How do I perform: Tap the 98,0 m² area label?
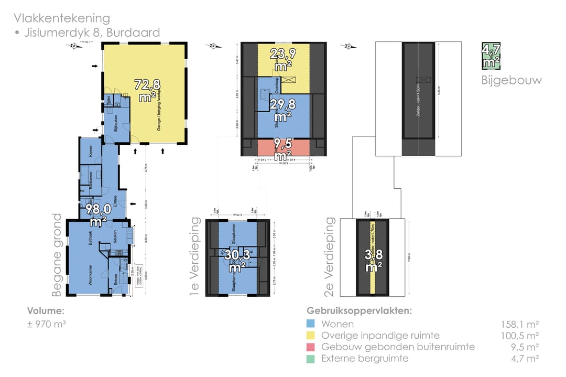100,215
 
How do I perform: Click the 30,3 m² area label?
238,261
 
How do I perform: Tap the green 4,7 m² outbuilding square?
491,56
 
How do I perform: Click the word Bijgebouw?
511,81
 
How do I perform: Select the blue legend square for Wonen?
310,324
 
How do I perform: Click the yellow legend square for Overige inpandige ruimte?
310,335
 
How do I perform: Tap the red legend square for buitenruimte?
310,347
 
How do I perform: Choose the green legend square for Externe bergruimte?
310,358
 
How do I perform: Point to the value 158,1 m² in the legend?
520,324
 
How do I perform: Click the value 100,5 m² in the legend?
520,335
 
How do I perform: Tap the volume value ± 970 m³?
47,324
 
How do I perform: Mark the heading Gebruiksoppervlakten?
359,310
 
